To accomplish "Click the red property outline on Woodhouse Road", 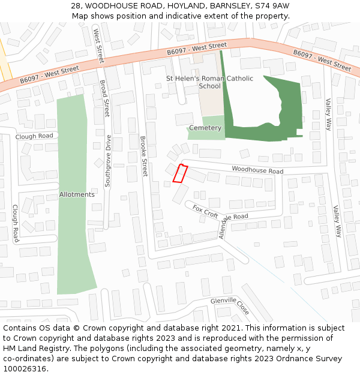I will (180, 173).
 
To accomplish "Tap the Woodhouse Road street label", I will (257, 171).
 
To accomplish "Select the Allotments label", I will (77, 194).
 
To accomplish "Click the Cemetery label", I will (205, 128).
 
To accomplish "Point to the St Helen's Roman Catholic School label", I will (209, 82).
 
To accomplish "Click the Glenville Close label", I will (230, 305).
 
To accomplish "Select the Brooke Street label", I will (143, 155).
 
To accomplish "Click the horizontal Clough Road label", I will (34, 136).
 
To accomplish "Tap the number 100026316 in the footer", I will (25, 368).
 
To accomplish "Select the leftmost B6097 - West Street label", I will (49, 74).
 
